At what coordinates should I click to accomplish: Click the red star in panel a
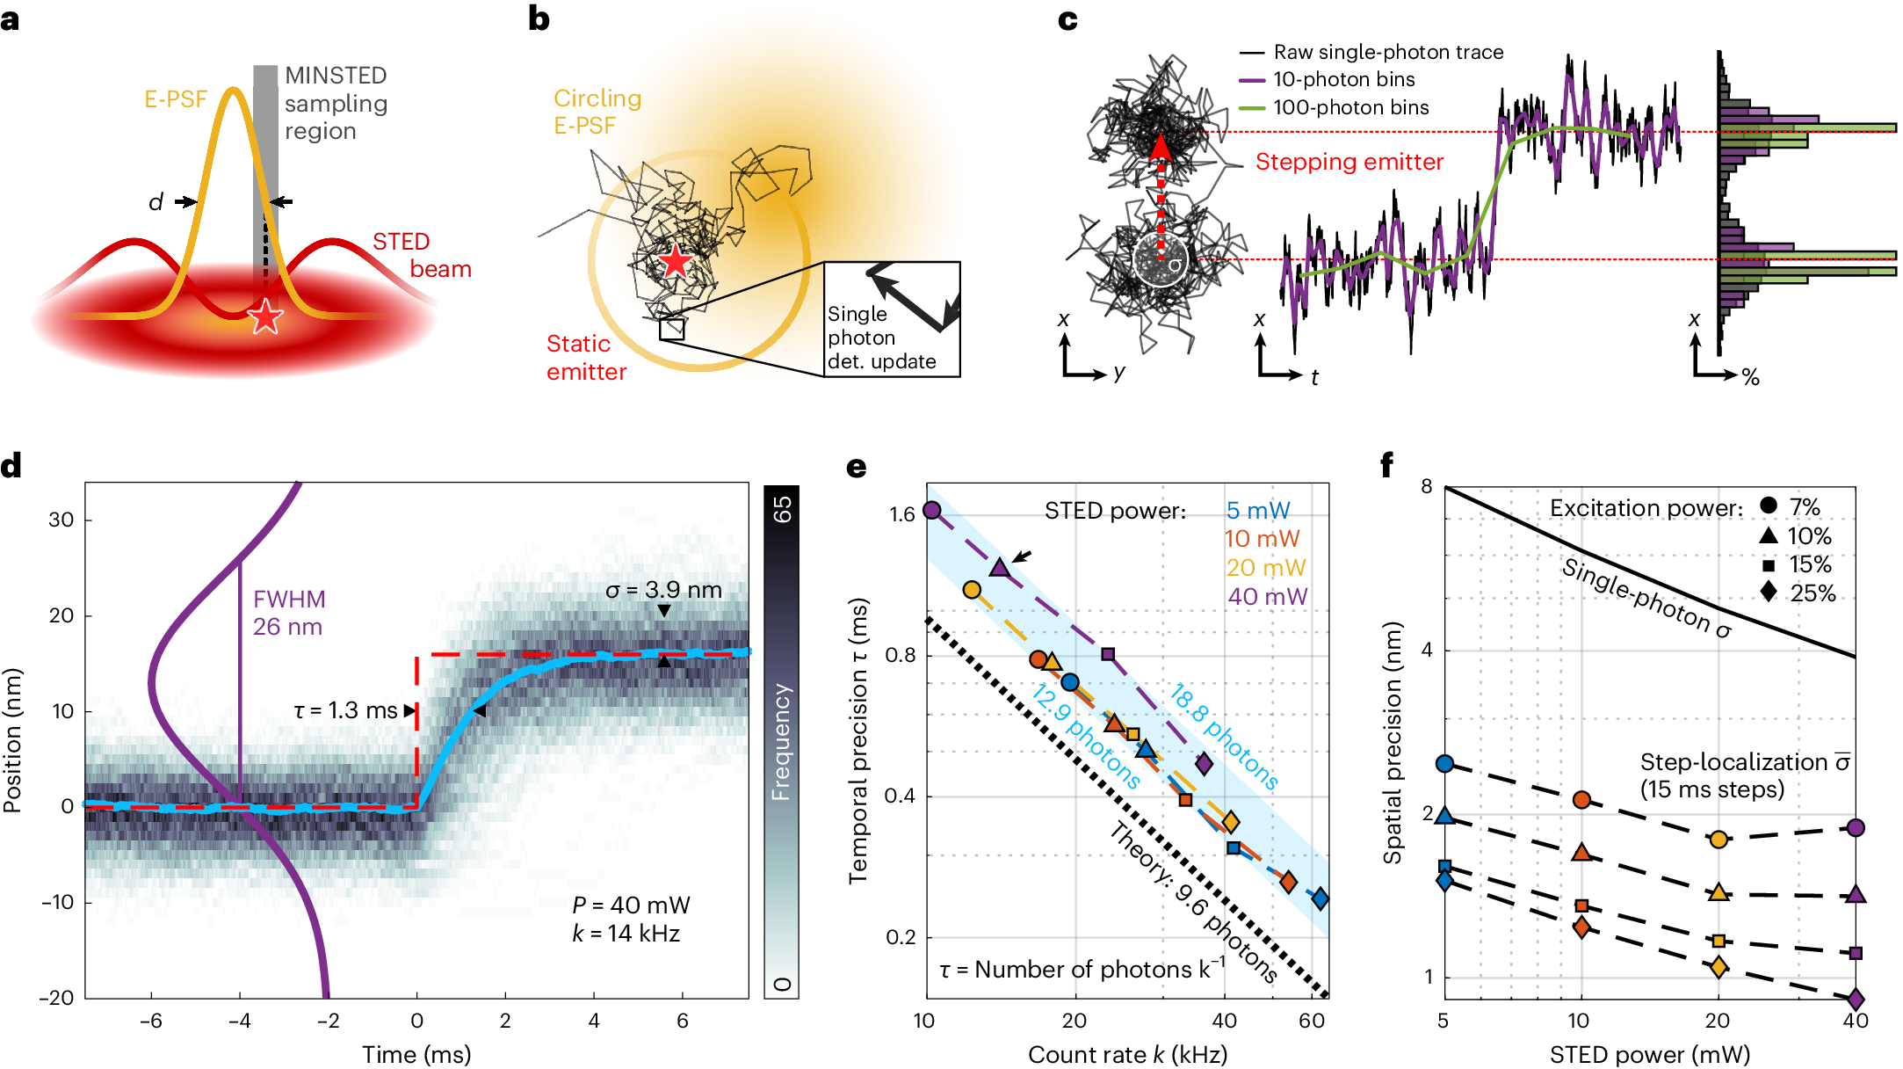click(x=264, y=316)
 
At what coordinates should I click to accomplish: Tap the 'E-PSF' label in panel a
click(x=175, y=99)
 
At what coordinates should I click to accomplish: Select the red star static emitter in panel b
click(x=675, y=261)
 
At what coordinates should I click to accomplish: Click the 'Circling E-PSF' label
click(x=597, y=112)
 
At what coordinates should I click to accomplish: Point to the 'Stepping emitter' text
click(x=1349, y=162)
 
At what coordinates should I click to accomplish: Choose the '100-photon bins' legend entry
click(x=1350, y=107)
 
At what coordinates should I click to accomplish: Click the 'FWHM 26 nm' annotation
click(x=288, y=613)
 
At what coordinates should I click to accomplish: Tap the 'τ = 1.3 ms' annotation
click(x=345, y=710)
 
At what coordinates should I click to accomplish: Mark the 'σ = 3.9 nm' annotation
click(x=663, y=590)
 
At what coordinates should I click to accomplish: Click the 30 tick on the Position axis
click(x=62, y=520)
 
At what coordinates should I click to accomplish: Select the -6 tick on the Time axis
click(x=150, y=1021)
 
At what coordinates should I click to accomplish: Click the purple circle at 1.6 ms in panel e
click(x=932, y=510)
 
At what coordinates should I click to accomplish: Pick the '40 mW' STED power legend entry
click(x=1267, y=597)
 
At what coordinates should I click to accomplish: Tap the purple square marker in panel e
click(x=1108, y=654)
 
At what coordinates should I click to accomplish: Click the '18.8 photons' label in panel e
click(x=1223, y=737)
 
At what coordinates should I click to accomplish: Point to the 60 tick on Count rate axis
click(x=1312, y=1021)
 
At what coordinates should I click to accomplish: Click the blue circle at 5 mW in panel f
click(x=1444, y=763)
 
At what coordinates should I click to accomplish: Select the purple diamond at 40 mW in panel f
click(x=1856, y=1000)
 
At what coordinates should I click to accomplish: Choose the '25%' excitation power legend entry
click(x=1813, y=593)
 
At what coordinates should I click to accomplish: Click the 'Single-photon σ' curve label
click(x=1646, y=597)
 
